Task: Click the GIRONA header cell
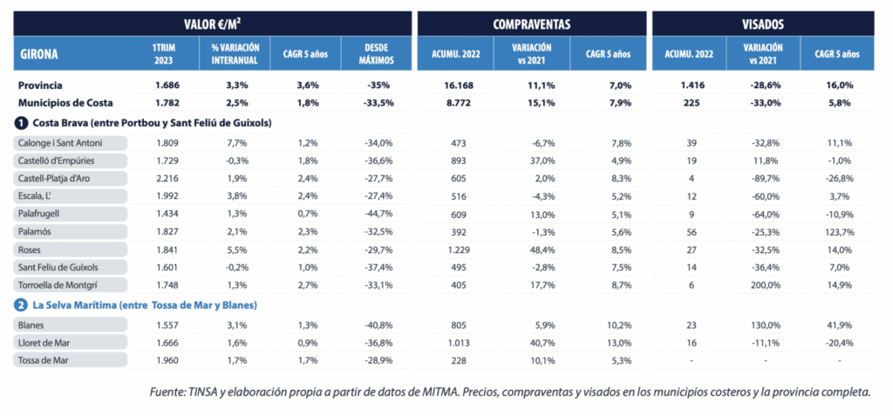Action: tap(39, 53)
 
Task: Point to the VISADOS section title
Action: tap(763, 23)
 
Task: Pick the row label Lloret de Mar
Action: tap(45, 343)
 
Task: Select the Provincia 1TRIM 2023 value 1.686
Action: tap(167, 85)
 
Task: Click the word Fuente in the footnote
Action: tap(169, 392)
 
